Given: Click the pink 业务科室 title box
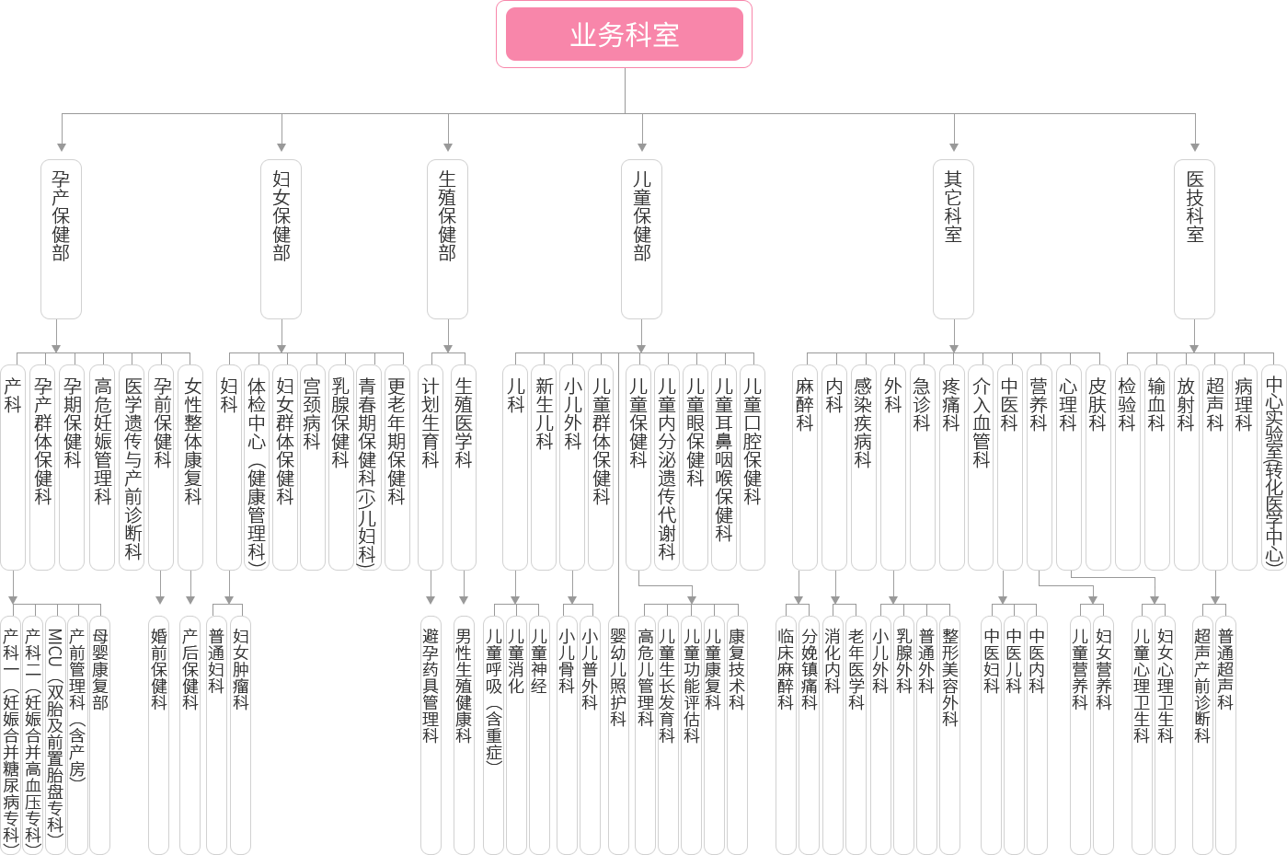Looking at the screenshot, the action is click(624, 34).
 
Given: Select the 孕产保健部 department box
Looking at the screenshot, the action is click(61, 239).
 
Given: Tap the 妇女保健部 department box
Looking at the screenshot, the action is click(281, 239).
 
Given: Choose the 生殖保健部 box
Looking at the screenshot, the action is click(448, 239).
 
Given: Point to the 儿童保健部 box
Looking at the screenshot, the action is click(642, 239).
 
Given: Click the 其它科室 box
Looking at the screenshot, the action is click(953, 239).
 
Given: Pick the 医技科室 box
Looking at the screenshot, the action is click(1194, 239).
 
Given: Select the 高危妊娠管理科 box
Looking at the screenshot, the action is click(102, 468).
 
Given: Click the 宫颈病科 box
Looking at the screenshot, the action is click(313, 468).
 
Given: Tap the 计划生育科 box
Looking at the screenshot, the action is click(431, 468).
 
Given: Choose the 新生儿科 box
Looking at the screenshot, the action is click(544, 468).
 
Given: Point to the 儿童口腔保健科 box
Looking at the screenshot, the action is click(753, 468).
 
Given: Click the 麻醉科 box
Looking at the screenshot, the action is click(804, 468).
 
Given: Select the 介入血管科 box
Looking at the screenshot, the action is click(980, 468).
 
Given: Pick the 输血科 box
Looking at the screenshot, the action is click(1156, 468).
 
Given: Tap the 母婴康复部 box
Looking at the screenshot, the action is click(100, 735).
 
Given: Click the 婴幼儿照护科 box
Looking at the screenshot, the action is click(618, 735).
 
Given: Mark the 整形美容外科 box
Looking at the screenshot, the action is click(949, 735).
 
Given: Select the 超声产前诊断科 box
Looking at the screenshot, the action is click(1202, 735).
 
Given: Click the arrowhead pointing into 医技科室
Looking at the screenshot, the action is click(1194, 147).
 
